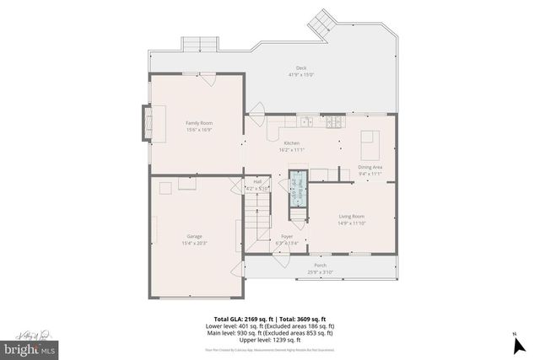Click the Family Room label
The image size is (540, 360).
(199, 123)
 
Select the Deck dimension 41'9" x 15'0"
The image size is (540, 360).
(300, 75)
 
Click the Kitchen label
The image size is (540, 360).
(292, 143)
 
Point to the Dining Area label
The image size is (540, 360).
(370, 167)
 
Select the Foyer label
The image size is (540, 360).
(287, 237)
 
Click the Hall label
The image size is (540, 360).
(256, 181)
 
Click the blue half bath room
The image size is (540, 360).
(297, 189)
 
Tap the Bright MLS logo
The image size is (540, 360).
(30, 347)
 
